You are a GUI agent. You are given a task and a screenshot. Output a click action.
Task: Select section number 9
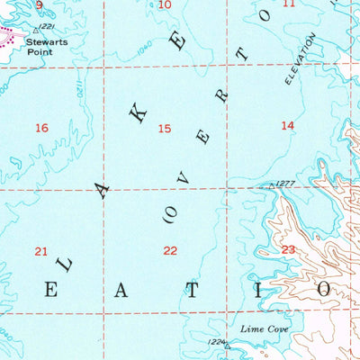tap(40, 4)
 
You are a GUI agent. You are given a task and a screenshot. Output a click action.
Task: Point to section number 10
tap(164, 4)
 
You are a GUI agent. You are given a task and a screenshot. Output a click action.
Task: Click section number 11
tap(288, 4)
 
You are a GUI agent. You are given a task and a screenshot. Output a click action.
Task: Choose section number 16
tap(41, 128)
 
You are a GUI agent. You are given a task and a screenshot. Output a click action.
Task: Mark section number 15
tap(164, 129)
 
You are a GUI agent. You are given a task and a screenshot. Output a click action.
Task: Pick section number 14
tap(287, 126)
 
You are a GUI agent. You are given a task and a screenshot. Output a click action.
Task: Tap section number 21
tap(40, 251)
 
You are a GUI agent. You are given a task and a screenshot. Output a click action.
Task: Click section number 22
tap(170, 251)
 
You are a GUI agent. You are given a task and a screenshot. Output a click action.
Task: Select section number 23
tap(288, 249)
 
